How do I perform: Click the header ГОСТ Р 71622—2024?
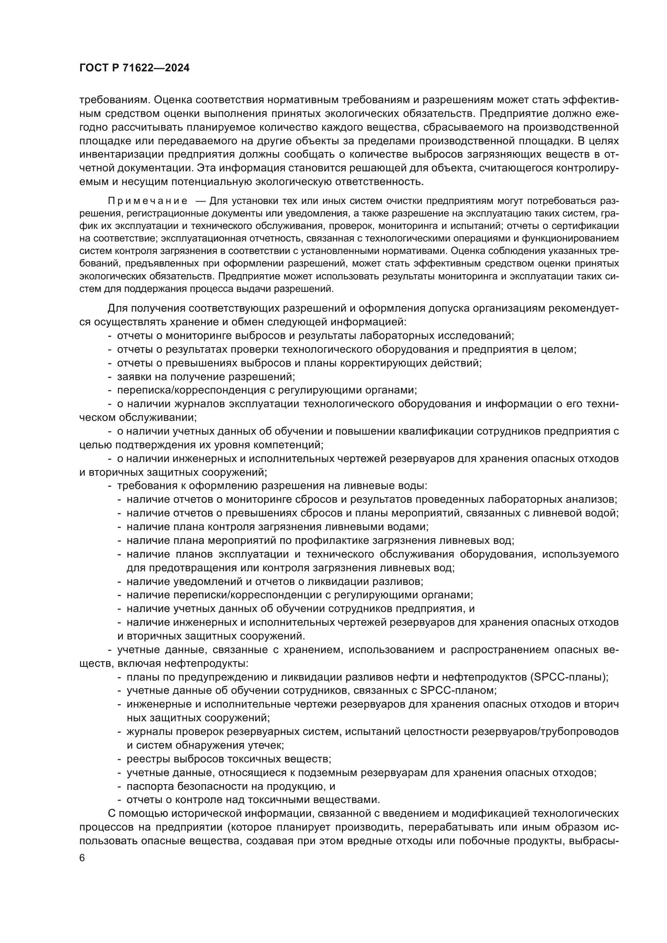(134, 68)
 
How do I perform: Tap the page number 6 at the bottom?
(82, 858)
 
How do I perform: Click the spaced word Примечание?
(148, 201)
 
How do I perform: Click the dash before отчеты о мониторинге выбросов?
(110, 335)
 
